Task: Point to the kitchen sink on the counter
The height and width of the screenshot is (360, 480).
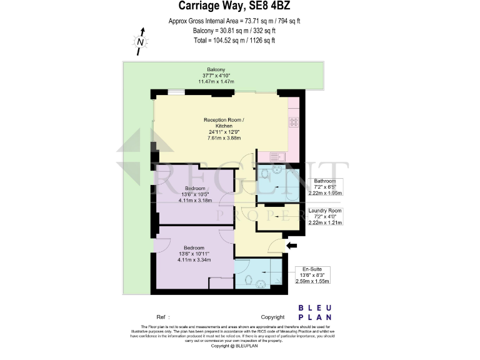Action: pos(276,156)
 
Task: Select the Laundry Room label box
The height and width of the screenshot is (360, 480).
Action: pos(326,216)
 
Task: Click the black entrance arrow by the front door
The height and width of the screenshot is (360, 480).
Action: pos(291,246)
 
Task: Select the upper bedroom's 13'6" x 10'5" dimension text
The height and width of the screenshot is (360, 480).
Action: pos(195,194)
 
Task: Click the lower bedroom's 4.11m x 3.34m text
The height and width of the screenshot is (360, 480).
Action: pos(194,259)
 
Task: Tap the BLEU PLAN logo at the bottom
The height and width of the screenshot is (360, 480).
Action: pos(315,312)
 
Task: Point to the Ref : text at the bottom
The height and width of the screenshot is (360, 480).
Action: pos(163,317)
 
